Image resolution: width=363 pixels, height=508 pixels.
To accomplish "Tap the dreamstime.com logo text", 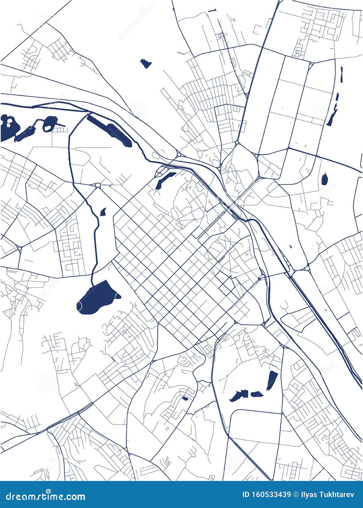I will coord(45,496).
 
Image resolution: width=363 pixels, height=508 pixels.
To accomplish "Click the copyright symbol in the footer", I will coord(296,494).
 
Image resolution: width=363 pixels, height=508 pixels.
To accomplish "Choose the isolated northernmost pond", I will coord(146,63).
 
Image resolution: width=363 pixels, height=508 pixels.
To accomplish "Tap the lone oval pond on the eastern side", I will coord(324,179).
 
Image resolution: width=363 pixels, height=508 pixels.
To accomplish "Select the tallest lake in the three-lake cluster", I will coord(272,380).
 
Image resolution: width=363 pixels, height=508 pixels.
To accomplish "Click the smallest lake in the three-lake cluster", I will coord(257,394).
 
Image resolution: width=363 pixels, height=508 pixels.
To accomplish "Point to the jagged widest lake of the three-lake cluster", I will coord(240,396).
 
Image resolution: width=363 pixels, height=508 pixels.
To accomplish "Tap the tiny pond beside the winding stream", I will coord(103,212).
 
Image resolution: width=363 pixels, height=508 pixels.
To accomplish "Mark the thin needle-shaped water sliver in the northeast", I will coord(342,75).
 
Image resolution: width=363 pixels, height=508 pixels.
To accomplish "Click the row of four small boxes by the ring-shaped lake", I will coord(59,130).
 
